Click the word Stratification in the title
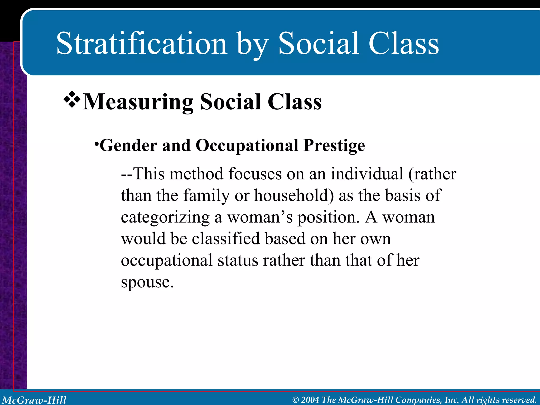point(142,44)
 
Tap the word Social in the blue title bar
point(319,44)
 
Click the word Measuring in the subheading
point(138,102)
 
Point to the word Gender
point(128,146)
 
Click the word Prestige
point(334,146)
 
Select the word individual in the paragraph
point(367,174)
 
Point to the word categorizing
point(165,218)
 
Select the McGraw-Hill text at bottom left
point(34,400)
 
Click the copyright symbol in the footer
point(296,400)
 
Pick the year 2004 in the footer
point(310,400)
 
